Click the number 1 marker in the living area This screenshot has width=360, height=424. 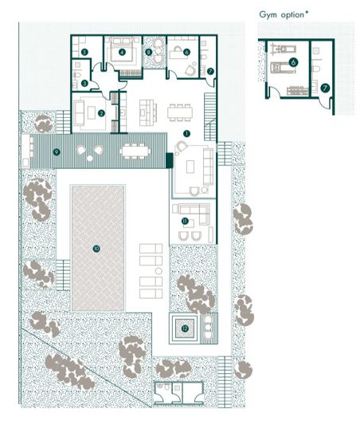[x=187, y=133]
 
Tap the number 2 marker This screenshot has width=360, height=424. [x=101, y=112]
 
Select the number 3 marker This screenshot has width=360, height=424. [x=84, y=83]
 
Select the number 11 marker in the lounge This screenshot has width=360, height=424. [x=184, y=221]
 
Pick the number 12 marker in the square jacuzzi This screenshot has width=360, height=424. [x=184, y=327]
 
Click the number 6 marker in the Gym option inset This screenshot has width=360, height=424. [x=294, y=61]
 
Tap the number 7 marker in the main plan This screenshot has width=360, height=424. [x=209, y=71]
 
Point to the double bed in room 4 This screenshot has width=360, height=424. [x=123, y=49]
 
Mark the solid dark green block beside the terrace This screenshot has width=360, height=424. [x=169, y=160]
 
